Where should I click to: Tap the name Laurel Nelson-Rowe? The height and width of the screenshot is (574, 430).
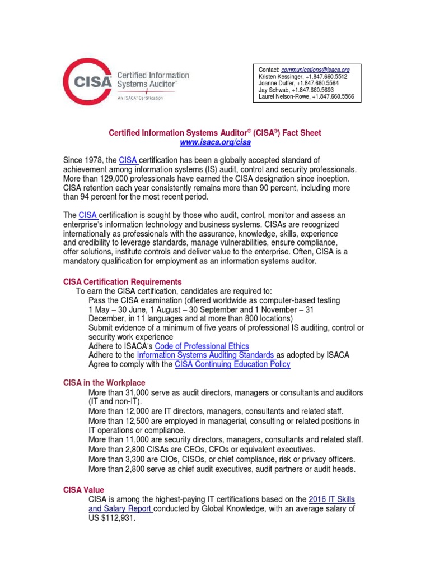(284, 96)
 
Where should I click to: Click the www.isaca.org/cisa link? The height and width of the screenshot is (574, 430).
(215, 143)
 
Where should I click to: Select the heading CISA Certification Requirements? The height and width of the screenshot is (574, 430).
(122, 281)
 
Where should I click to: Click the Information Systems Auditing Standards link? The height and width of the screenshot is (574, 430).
(206, 355)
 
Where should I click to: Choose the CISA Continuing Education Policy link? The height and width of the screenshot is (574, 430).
(232, 364)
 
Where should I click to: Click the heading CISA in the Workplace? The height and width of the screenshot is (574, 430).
(104, 382)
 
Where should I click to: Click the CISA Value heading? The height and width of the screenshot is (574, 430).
(83, 490)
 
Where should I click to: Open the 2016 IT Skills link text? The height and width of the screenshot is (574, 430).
(331, 499)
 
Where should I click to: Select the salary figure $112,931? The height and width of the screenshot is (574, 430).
(118, 519)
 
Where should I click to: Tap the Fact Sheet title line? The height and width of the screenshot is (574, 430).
(215, 133)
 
